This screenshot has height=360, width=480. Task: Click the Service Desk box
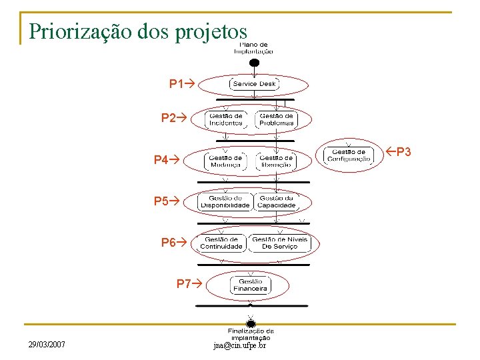[x=254, y=84]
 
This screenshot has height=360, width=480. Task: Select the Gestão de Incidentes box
[x=226, y=119]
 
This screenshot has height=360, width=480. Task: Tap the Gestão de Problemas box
[x=276, y=119]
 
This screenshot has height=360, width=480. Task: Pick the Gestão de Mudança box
[x=226, y=161]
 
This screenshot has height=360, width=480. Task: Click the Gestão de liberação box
[x=276, y=161]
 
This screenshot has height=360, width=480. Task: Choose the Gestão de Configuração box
[x=349, y=155]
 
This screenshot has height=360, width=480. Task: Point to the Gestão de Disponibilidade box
[x=225, y=201]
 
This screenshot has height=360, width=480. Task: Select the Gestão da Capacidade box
[x=276, y=201]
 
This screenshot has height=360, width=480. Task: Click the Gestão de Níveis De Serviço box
[x=280, y=243]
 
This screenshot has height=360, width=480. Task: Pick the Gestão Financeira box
[x=250, y=285]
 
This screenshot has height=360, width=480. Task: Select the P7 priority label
[x=188, y=284]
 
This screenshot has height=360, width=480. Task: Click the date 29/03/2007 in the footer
[x=47, y=345]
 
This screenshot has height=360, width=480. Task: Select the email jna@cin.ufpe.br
[x=239, y=345]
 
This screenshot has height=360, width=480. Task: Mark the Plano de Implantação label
[x=253, y=47]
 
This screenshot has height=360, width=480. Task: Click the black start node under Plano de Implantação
[x=253, y=63]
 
